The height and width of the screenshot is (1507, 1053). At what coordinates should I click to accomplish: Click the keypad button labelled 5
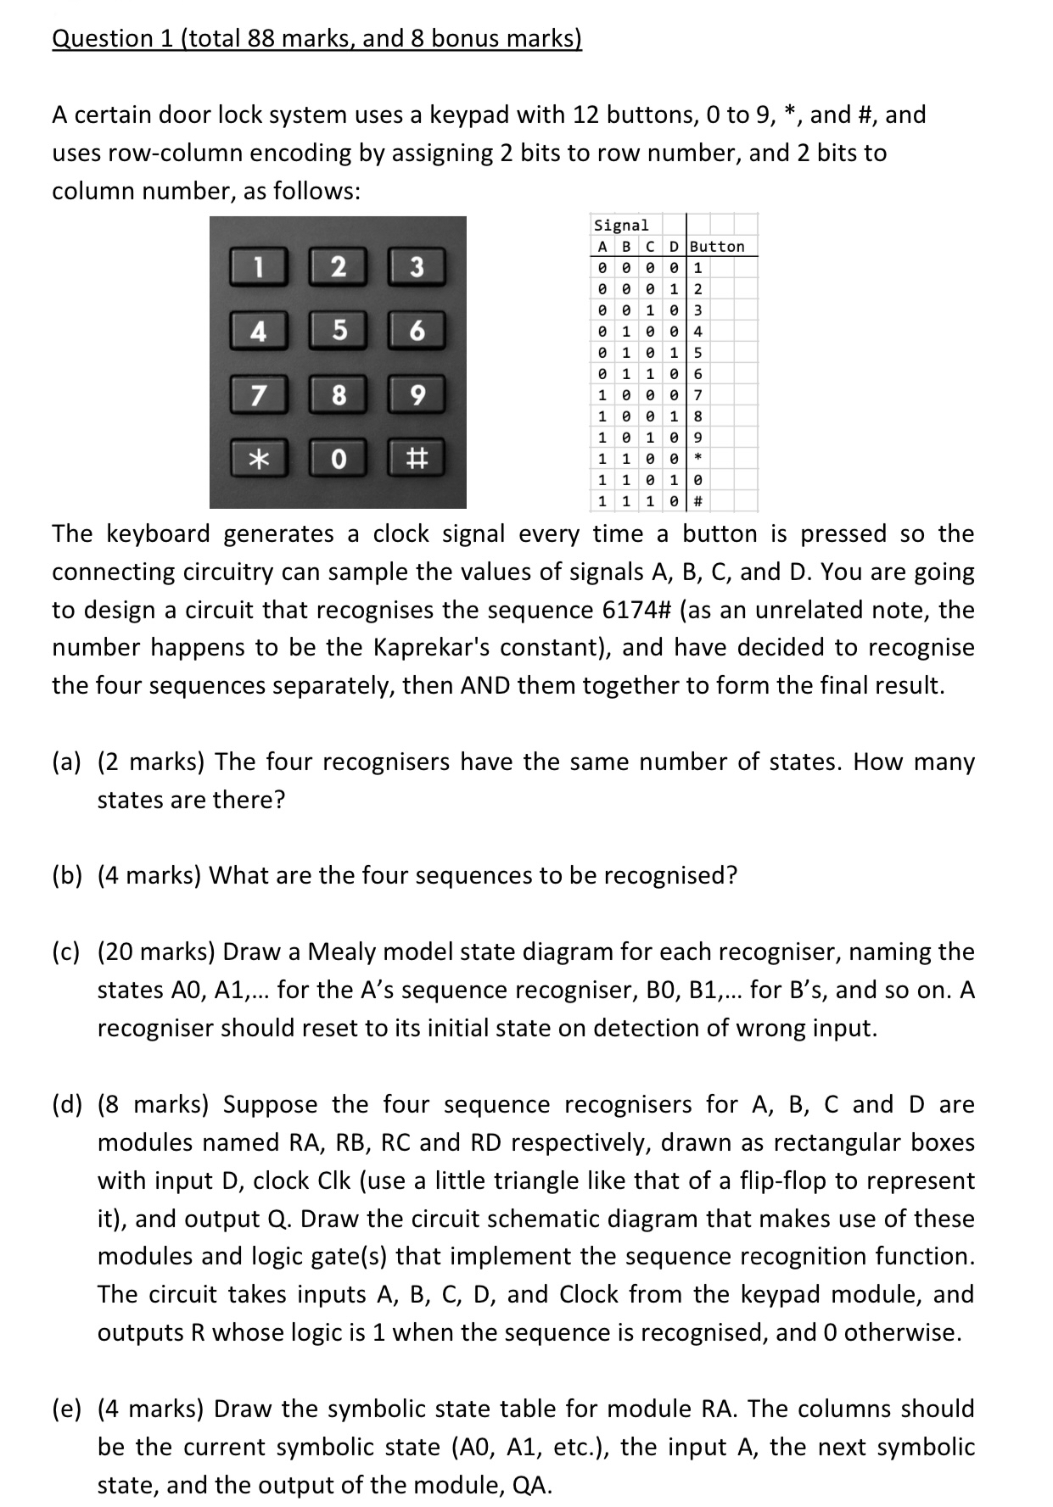(338, 331)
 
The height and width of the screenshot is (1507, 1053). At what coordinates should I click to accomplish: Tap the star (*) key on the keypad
(259, 459)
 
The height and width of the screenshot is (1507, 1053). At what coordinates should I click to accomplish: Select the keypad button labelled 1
(259, 266)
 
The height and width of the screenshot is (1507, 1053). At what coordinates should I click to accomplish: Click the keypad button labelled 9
(416, 395)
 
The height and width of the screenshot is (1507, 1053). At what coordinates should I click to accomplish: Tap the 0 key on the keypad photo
(338, 459)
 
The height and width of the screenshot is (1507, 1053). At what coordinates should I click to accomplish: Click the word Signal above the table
(621, 226)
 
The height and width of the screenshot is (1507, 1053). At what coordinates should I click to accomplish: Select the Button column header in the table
(718, 247)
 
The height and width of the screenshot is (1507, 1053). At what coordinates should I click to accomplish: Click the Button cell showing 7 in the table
(697, 395)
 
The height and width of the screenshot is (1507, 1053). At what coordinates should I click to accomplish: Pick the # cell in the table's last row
(697, 501)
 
